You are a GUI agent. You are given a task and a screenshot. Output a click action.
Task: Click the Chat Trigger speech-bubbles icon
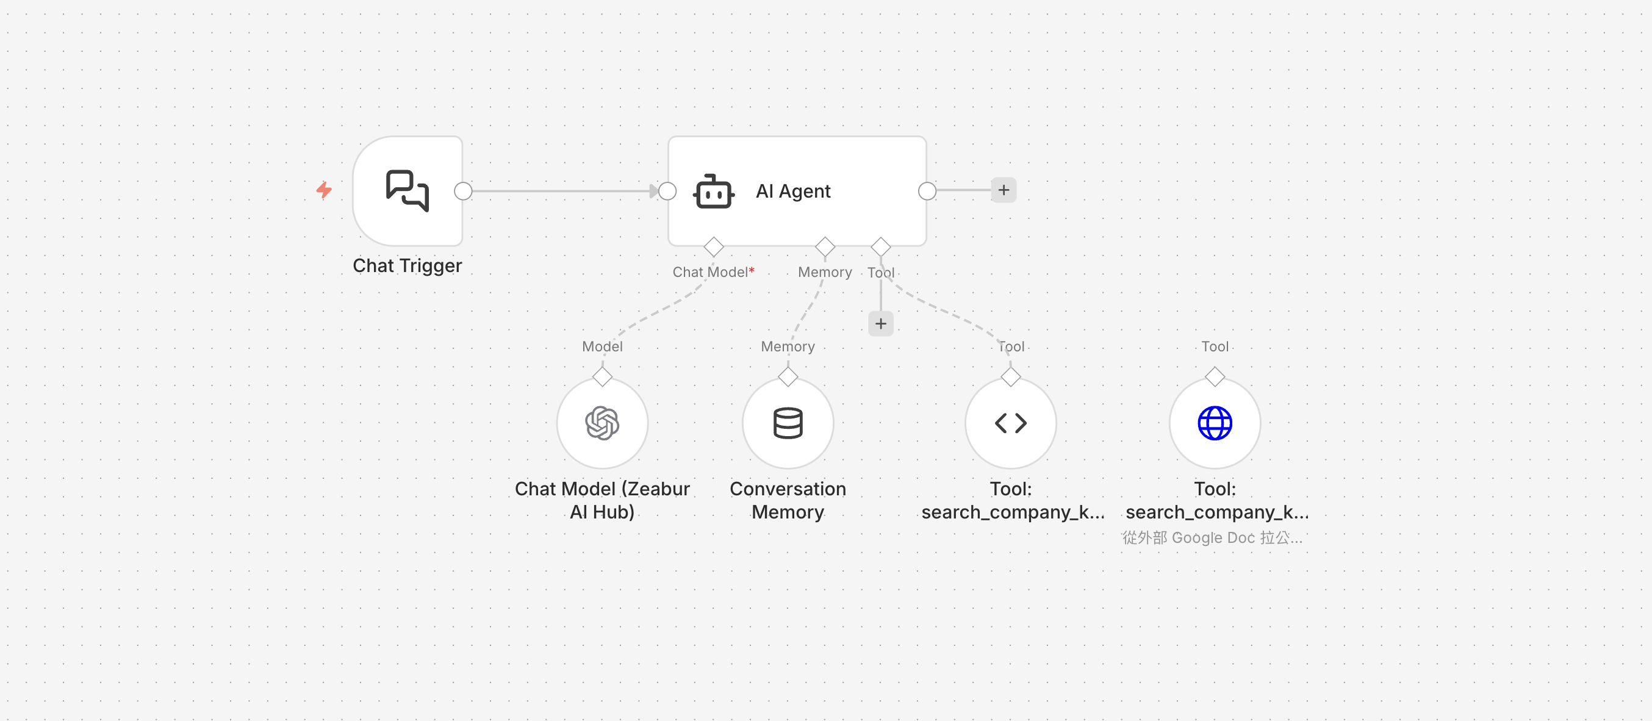(408, 190)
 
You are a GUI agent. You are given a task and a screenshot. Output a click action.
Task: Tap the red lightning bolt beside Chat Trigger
(324, 190)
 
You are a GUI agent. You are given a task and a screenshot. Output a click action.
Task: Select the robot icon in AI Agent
(713, 192)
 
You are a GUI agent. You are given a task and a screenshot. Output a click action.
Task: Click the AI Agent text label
(792, 191)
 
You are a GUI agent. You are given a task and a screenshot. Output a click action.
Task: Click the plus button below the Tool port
(880, 324)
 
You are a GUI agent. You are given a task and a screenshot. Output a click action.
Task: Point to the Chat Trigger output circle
(463, 191)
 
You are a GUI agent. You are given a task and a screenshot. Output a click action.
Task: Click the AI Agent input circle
(667, 191)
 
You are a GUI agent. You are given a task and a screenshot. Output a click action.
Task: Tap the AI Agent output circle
(927, 191)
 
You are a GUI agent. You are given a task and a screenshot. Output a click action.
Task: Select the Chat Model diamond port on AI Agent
(713, 247)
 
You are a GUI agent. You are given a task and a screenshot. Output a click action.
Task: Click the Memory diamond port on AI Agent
(825, 247)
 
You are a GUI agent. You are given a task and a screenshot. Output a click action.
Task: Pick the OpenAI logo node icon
(602, 423)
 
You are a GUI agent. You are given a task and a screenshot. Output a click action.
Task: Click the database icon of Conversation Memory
(788, 423)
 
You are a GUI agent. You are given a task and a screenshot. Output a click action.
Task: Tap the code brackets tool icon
(1011, 423)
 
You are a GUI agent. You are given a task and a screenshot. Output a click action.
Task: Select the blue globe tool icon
(1215, 423)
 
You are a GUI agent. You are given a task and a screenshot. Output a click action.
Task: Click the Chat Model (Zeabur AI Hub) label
(602, 500)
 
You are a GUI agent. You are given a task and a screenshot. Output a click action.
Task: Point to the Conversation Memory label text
(788, 500)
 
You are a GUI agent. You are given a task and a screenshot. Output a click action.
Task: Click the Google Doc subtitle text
(1212, 537)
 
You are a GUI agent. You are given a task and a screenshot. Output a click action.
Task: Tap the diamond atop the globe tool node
(1215, 376)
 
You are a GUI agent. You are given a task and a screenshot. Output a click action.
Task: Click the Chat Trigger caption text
(408, 265)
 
